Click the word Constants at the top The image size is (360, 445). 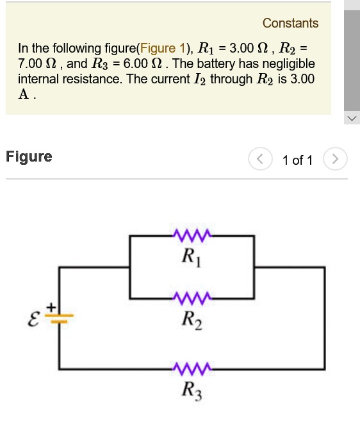click(290, 24)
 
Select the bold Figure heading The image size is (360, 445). click(29, 157)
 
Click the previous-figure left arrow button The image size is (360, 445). click(260, 160)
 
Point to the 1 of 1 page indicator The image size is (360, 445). click(297, 160)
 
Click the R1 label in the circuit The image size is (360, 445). click(190, 258)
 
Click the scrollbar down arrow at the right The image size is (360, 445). click(352, 119)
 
